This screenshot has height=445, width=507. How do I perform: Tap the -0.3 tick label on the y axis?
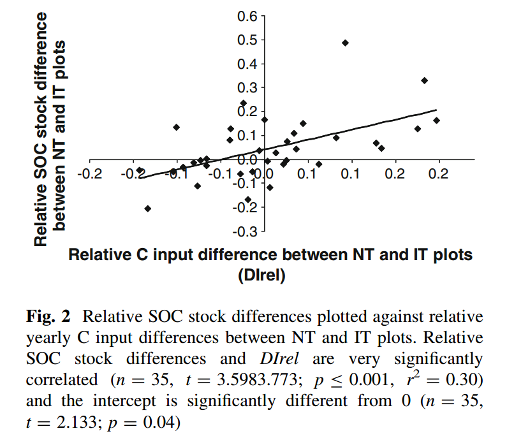(x=246, y=231)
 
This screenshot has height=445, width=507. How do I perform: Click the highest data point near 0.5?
(x=345, y=43)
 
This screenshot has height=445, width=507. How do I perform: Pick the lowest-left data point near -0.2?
(x=147, y=208)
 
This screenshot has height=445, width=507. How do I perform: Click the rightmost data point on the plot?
(x=437, y=120)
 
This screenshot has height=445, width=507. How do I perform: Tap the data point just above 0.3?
(x=424, y=80)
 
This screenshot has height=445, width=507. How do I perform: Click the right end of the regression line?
(x=437, y=110)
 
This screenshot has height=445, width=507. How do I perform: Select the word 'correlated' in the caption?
(x=59, y=380)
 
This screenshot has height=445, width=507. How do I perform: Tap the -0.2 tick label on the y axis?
(x=246, y=207)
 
